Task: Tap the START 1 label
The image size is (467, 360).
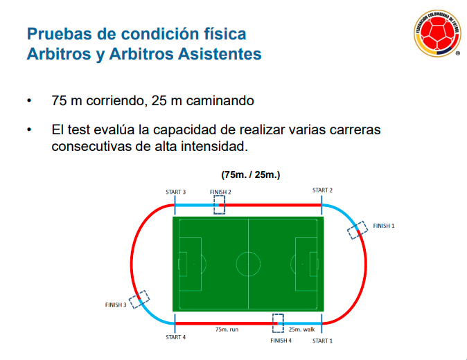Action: point(322,341)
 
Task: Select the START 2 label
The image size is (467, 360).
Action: point(322,190)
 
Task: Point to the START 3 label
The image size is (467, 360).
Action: point(175,192)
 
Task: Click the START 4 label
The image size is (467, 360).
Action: point(175,337)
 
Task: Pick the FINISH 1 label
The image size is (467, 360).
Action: point(384,226)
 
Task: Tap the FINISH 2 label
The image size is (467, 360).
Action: point(220,191)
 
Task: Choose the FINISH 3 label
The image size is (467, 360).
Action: point(115,305)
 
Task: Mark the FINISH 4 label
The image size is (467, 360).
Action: point(281,341)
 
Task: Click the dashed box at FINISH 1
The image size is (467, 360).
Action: point(358,229)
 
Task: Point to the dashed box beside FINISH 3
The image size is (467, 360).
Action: point(139,299)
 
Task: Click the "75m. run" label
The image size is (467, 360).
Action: point(227,330)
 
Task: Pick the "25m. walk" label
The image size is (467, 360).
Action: point(301,330)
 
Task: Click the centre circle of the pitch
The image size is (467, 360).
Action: point(248,264)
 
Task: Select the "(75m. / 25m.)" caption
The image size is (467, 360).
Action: point(250,174)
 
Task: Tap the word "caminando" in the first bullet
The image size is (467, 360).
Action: point(216,101)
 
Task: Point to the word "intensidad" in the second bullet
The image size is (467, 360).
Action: point(206,147)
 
